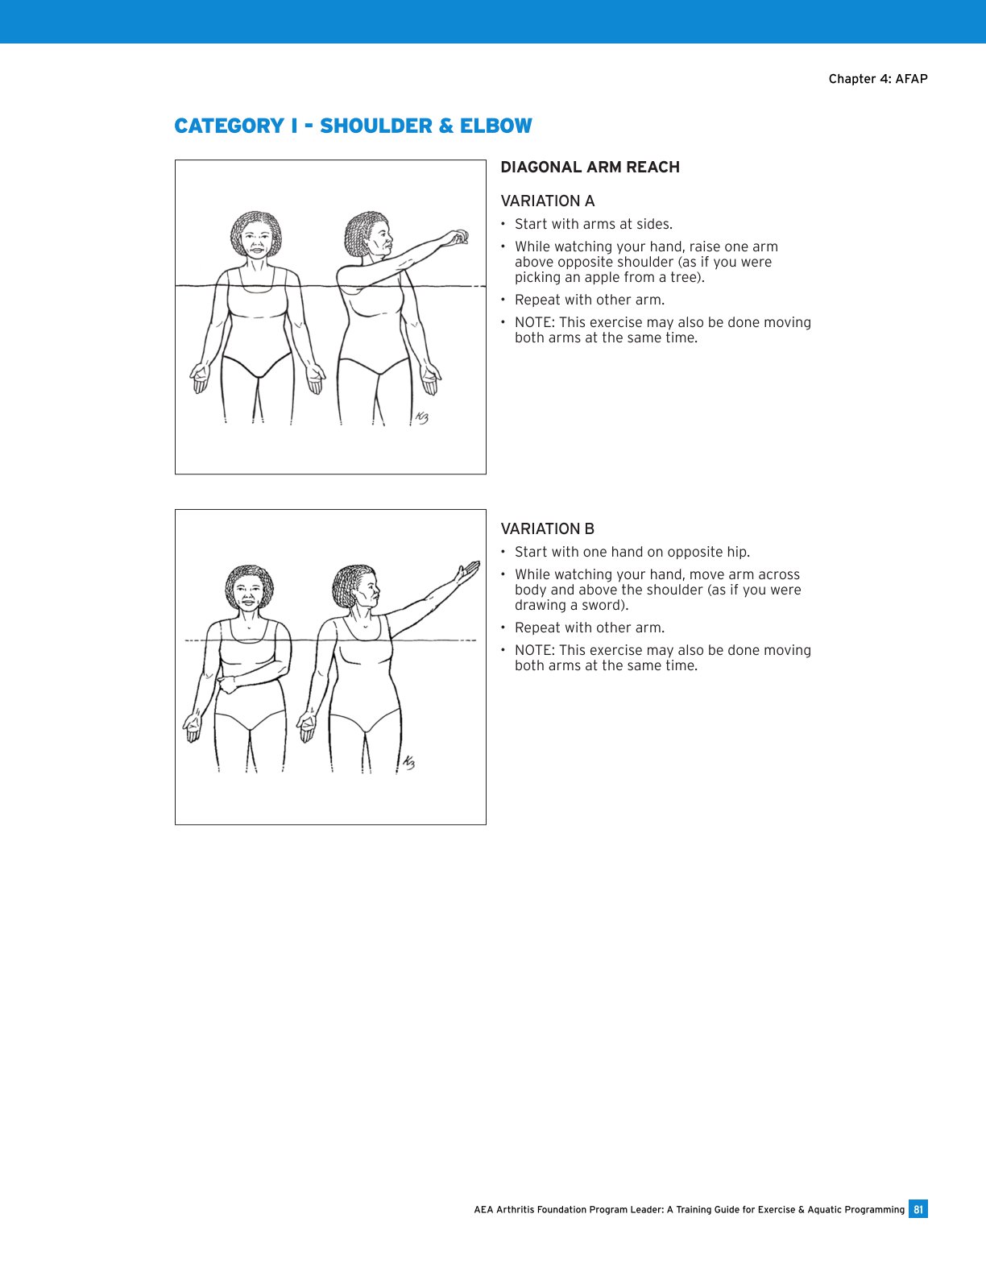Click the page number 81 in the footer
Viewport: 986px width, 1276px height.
pos(918,1209)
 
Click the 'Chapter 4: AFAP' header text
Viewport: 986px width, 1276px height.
pos(877,79)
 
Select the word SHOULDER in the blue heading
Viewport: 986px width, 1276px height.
pos(375,126)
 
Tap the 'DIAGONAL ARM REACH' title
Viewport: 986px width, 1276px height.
pos(590,168)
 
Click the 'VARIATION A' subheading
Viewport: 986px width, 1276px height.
pos(547,201)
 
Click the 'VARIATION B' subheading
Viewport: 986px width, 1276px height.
pos(547,529)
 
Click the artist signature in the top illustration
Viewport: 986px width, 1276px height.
pos(421,416)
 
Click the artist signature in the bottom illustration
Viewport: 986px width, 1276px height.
pos(408,762)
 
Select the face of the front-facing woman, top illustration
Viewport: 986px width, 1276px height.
pos(257,241)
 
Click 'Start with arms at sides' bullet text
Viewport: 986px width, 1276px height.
pos(593,225)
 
